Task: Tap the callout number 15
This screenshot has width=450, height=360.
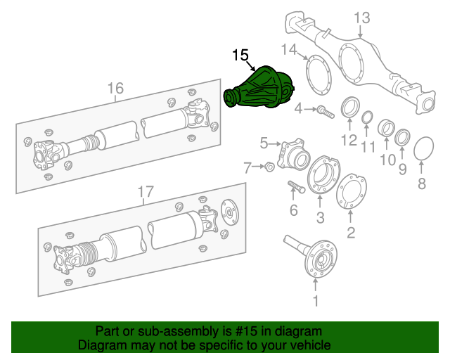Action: pos(240,55)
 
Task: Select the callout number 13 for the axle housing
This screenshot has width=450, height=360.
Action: pos(361,18)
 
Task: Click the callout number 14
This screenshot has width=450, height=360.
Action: pos(290,49)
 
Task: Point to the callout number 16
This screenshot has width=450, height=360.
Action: pos(115,88)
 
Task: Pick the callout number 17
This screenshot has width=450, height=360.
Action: pos(144,191)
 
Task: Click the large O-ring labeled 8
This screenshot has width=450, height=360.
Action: pos(422,149)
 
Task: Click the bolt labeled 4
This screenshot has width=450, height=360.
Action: pos(324,110)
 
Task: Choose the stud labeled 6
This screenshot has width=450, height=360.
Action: pos(295,187)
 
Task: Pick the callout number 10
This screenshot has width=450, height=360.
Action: pos(388,160)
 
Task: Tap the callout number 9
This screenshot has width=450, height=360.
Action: pos(402,169)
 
